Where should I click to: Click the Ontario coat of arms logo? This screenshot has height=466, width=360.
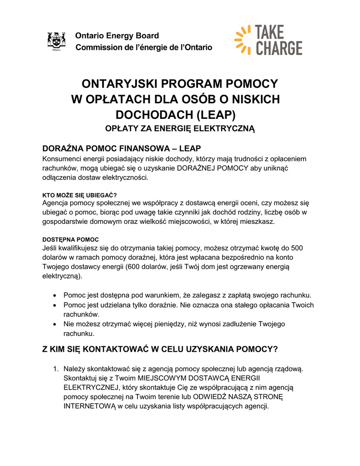coord(56,41)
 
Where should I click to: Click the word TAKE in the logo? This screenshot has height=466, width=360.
coord(270,32)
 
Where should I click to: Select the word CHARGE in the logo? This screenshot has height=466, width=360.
coord(279,48)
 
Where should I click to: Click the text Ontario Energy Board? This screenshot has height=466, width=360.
coord(117,35)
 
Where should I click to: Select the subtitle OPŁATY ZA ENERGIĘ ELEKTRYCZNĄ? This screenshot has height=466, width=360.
coord(180,128)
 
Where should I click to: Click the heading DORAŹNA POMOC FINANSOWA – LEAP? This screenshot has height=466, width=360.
coord(122,149)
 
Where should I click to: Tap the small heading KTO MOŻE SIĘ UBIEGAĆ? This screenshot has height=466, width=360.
coord(80,195)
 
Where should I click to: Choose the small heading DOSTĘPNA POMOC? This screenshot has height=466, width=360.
coord(71,239)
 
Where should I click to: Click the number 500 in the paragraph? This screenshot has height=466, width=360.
coord(296,248)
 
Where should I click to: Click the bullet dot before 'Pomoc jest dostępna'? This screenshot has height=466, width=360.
coord(55,295)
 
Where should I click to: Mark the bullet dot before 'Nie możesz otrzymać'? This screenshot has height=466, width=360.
coord(55,324)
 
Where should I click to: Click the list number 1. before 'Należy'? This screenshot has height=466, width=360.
coord(56,369)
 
